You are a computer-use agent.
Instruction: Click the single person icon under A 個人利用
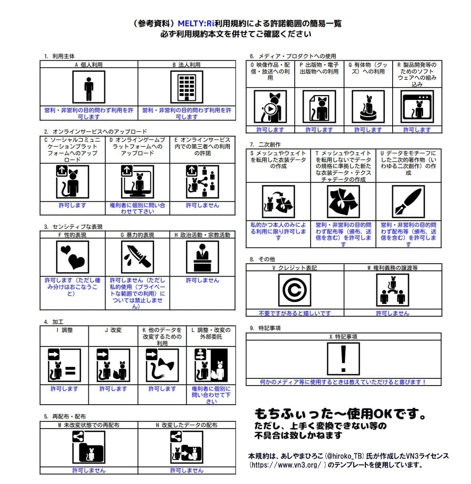click(88, 87)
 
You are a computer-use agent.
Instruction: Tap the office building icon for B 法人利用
click(186, 87)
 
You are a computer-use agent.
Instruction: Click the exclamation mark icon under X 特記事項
click(343, 358)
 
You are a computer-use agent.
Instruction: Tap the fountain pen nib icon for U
click(408, 201)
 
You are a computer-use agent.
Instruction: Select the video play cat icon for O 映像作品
click(270, 107)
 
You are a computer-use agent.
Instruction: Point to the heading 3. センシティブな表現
click(73, 226)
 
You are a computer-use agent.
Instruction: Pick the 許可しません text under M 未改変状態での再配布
click(89, 470)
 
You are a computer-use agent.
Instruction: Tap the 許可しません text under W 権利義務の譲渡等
click(393, 313)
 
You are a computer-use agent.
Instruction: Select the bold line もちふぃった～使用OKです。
click(340, 413)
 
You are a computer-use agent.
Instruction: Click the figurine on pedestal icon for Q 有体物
click(368, 107)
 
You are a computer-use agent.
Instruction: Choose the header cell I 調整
click(64, 330)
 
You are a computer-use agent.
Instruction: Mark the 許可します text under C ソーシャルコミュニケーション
click(72, 205)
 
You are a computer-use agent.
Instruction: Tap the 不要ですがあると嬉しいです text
click(294, 313)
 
